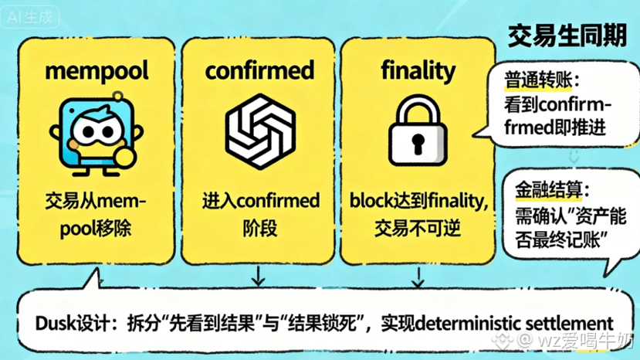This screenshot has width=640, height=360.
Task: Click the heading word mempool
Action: (x=97, y=71)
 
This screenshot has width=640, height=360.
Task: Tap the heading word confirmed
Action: (x=259, y=70)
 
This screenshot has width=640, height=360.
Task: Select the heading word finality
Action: (x=418, y=71)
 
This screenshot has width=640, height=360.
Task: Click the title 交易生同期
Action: (x=567, y=36)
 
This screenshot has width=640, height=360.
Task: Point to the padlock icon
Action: (x=418, y=131)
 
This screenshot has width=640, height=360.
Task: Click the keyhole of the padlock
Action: (x=418, y=144)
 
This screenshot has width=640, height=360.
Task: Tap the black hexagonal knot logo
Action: (x=260, y=131)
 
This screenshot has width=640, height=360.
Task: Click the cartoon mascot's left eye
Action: (x=90, y=131)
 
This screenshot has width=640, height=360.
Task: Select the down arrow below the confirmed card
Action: (x=258, y=277)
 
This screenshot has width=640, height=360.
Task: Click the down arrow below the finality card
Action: (x=418, y=277)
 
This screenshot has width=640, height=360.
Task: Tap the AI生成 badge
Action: (x=30, y=17)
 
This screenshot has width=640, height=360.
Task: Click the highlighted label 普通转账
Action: (x=538, y=80)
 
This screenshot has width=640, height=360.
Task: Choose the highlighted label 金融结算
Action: (x=548, y=189)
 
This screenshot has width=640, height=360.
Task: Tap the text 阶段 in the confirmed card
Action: (x=260, y=228)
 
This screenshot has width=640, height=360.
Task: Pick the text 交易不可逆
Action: (x=418, y=228)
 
